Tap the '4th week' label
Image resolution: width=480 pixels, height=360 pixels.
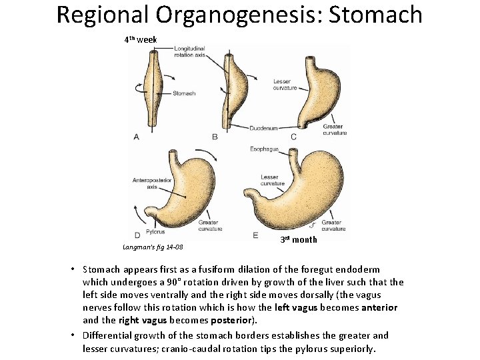click(140, 40)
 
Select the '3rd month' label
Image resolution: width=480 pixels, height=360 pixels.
click(298, 239)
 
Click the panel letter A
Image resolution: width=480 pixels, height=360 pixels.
click(136, 137)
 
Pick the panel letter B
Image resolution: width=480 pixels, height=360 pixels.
click(215, 137)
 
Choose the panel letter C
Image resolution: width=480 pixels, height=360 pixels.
click(293, 137)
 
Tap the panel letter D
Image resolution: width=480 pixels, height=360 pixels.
click(136, 235)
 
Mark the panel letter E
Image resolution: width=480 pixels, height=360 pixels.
click(255, 235)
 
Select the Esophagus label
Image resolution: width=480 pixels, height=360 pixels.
click(264, 149)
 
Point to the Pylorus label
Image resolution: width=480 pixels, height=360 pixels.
click(155, 232)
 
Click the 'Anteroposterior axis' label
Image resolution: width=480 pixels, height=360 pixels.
click(147, 183)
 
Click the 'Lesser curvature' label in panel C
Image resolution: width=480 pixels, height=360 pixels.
click(285, 85)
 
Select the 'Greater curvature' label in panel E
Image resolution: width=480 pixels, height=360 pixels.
click(331, 225)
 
